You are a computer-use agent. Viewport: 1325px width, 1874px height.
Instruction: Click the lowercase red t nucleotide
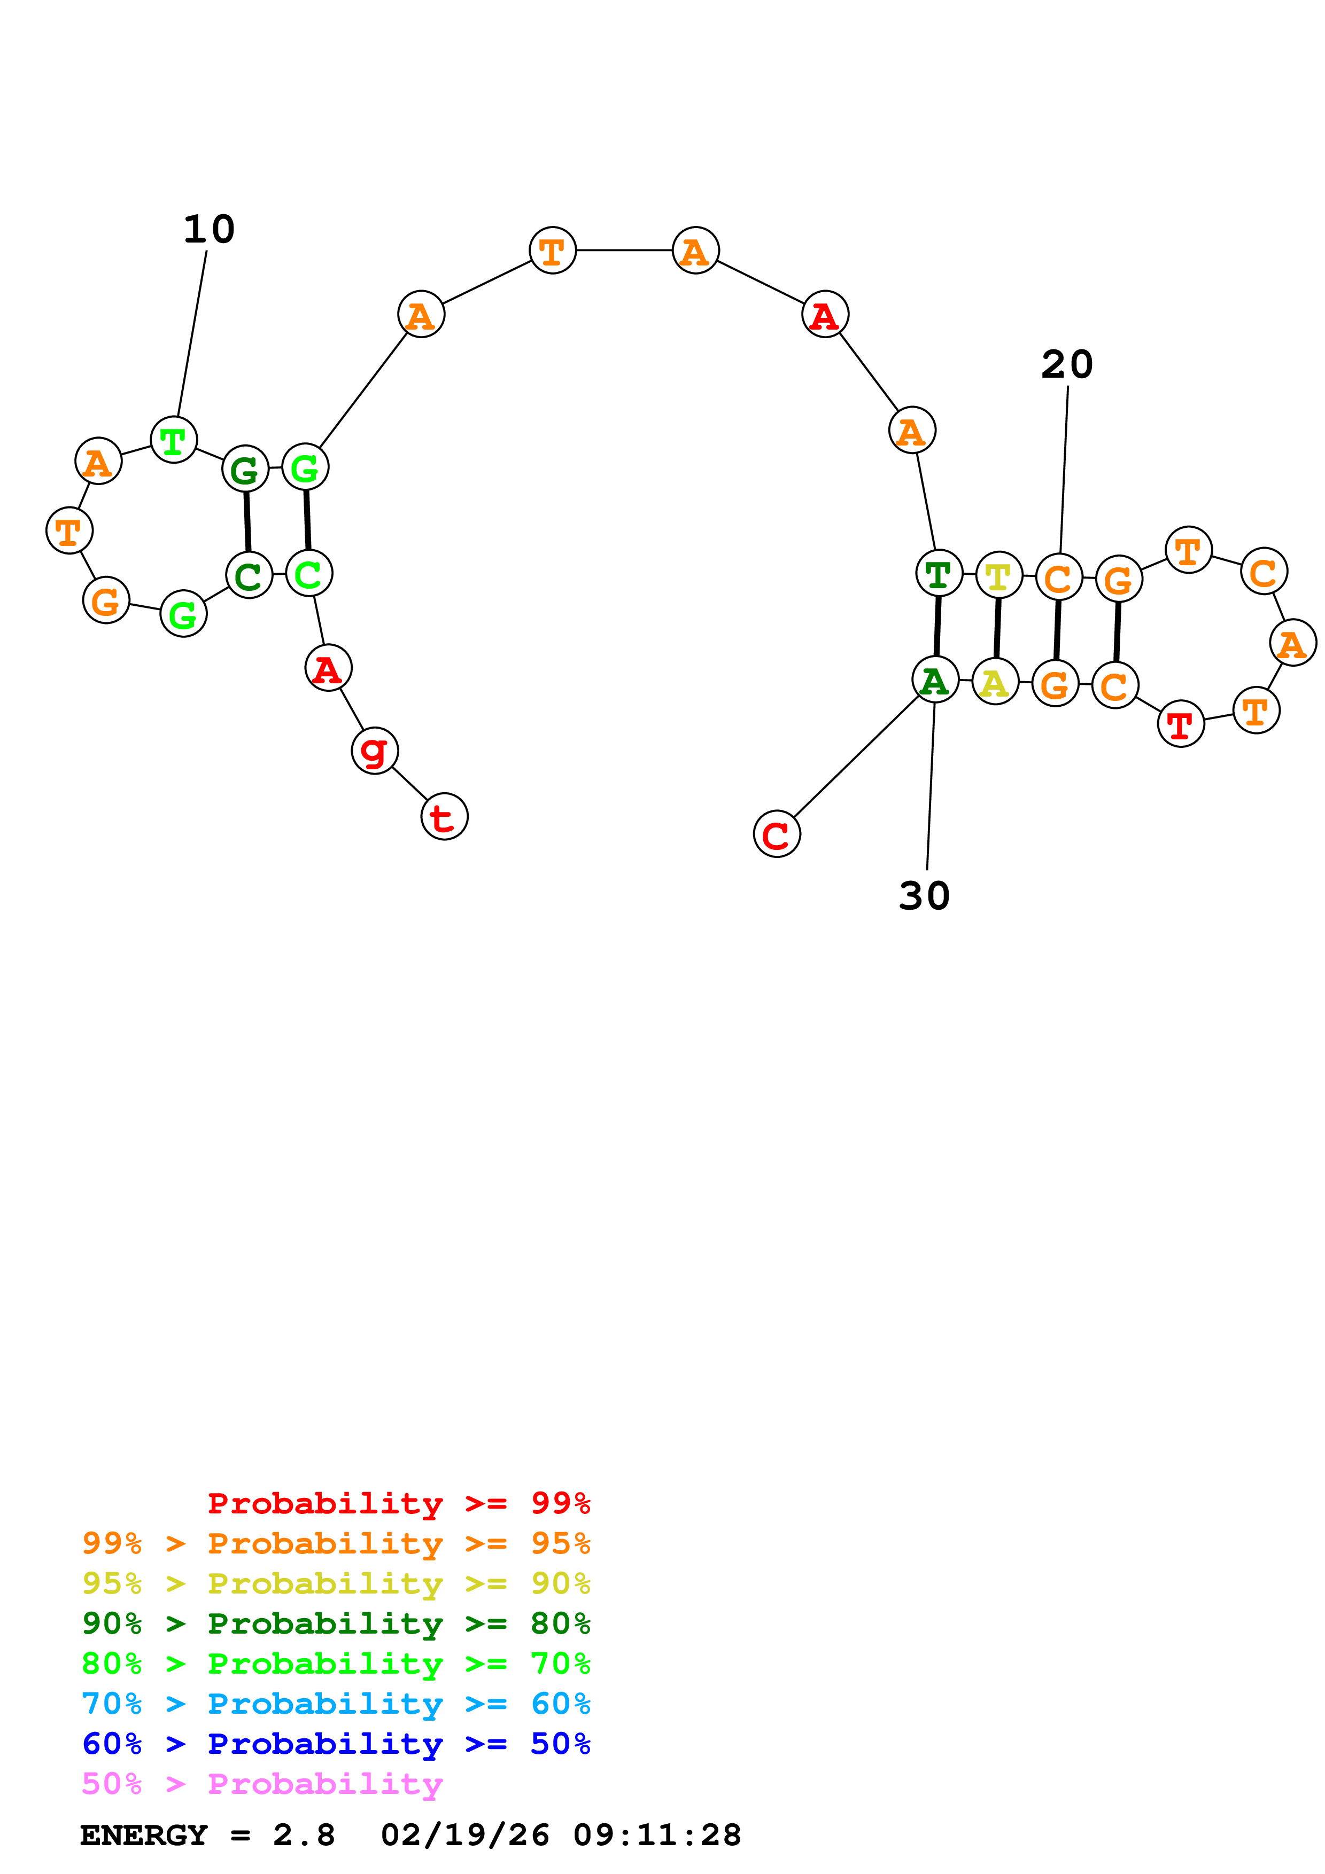point(444,816)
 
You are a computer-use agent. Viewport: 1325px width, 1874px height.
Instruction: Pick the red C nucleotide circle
point(777,834)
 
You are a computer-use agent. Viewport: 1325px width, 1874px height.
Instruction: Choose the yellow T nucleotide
point(998,575)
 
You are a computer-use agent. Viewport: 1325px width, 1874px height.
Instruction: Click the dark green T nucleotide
point(939,573)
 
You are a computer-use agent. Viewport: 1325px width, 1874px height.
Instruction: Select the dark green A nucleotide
point(935,680)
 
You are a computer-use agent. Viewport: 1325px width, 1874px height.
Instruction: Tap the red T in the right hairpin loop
point(1181,723)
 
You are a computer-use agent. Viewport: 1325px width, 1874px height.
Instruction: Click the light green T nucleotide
point(174,440)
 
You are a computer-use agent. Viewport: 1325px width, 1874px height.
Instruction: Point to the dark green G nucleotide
point(245,470)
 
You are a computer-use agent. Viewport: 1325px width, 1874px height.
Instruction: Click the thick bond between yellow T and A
point(997,628)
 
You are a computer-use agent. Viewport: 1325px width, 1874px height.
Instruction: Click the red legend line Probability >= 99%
point(398,1503)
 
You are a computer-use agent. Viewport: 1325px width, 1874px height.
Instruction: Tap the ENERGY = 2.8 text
point(207,1836)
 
